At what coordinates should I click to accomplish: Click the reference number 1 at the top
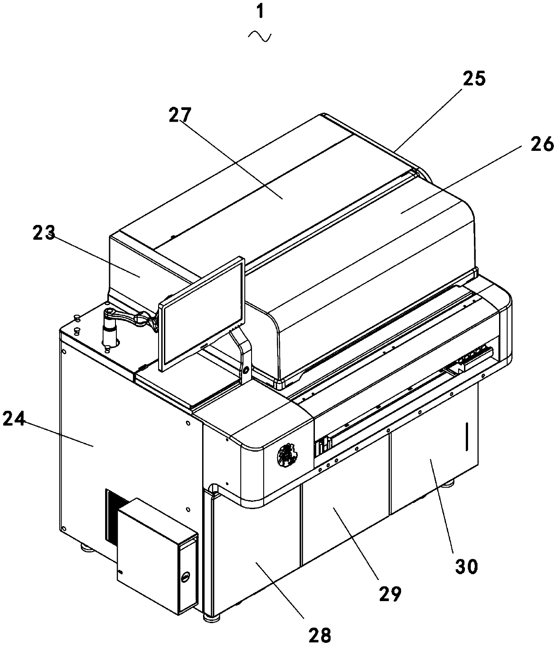click(x=260, y=13)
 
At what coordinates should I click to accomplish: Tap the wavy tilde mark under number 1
click(x=260, y=36)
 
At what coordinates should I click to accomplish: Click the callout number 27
click(x=180, y=114)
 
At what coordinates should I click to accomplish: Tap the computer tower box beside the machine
click(x=157, y=563)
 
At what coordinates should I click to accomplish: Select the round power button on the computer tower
click(x=185, y=576)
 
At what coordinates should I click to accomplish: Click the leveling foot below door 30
click(x=448, y=484)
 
